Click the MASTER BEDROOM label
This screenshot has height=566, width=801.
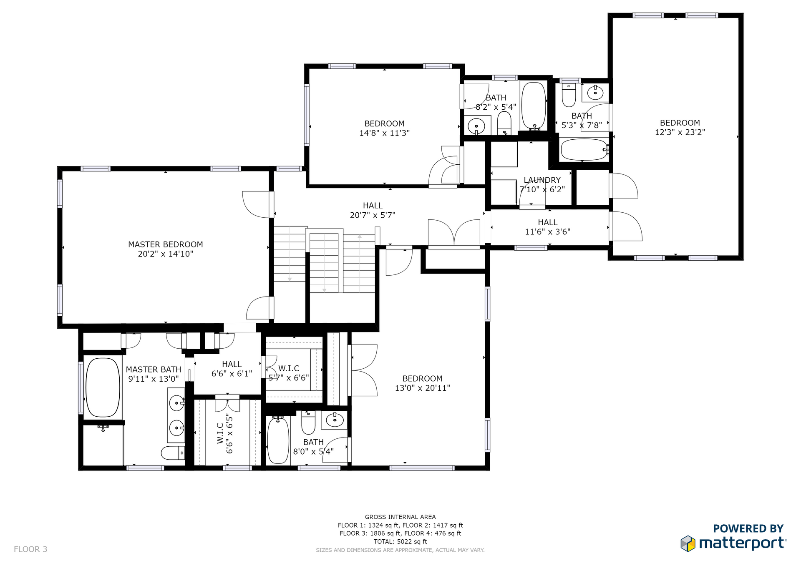(166, 244)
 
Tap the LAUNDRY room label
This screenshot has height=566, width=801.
(542, 180)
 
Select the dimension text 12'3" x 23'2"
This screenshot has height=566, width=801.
(680, 132)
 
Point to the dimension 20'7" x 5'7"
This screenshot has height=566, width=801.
(373, 215)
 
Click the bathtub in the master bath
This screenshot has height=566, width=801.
(103, 387)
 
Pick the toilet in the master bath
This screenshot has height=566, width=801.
(173, 453)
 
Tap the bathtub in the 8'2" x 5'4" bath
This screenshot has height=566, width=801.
(534, 106)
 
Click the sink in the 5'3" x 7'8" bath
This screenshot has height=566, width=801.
(595, 93)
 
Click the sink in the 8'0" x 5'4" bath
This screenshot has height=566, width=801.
(335, 420)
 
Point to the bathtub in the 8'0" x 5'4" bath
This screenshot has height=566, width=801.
(278, 440)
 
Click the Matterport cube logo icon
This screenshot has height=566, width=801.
(688, 543)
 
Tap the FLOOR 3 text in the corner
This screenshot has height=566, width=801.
(30, 549)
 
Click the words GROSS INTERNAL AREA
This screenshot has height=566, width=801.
(400, 517)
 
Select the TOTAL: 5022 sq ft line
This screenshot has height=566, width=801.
(400, 541)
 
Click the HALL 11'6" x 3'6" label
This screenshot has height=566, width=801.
(547, 227)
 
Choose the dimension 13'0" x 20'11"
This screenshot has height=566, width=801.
(422, 388)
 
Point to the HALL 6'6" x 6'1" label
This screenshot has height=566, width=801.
(232, 369)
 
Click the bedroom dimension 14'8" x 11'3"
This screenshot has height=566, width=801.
(384, 133)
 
